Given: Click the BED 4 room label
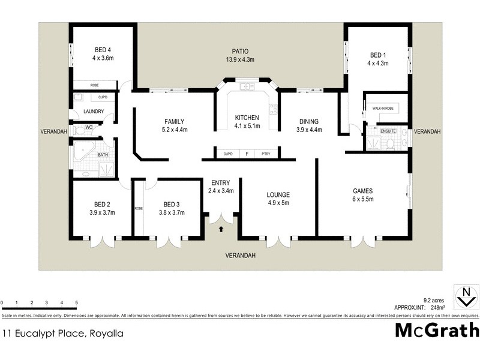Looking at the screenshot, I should (x=103, y=49).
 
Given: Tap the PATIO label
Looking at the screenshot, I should (x=240, y=51).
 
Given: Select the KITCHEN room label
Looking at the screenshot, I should (x=247, y=117).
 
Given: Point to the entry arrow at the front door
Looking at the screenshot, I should (x=222, y=229).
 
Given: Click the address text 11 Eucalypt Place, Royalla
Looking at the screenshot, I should (x=63, y=333).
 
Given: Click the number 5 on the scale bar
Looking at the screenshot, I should (x=76, y=302).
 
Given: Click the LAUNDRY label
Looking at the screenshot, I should (x=95, y=111).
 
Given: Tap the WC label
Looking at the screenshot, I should (x=88, y=127).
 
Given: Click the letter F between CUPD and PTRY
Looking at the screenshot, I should (x=247, y=154).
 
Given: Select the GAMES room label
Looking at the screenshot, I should (x=363, y=190).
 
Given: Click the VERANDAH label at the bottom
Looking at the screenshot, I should (x=240, y=255).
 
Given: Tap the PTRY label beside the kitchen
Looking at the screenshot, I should (x=266, y=154).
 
